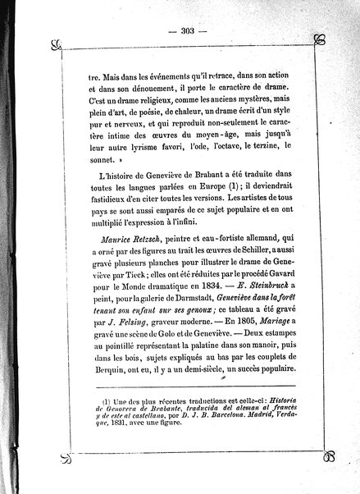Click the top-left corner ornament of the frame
(x=56, y=43)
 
